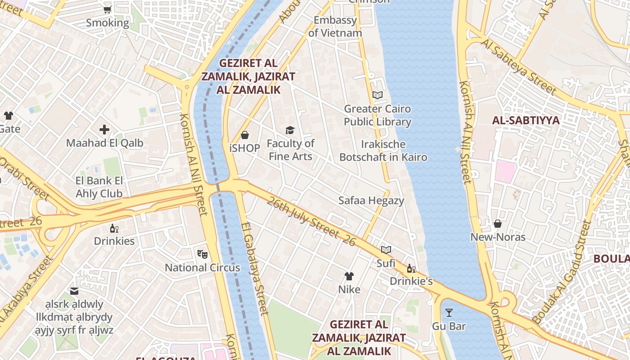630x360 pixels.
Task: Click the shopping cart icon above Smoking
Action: pyautogui.click(x=108, y=9)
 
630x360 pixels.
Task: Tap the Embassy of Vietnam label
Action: pyautogui.click(x=335, y=27)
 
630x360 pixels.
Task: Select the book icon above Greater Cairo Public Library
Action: pyautogui.click(x=378, y=95)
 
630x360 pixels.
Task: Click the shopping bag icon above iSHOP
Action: pyautogui.click(x=245, y=135)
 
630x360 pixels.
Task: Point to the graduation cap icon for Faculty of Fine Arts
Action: pyautogui.click(x=290, y=130)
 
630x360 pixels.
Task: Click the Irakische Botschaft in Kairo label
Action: pyautogui.click(x=383, y=151)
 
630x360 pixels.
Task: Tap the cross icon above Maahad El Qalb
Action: pyautogui.click(x=104, y=130)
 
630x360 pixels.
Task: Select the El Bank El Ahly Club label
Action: pyautogui.click(x=99, y=187)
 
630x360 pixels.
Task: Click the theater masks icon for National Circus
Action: pyautogui.click(x=202, y=254)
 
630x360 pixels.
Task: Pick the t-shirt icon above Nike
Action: pyautogui.click(x=349, y=276)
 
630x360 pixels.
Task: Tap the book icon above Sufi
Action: pyautogui.click(x=386, y=250)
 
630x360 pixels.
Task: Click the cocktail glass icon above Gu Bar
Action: pyautogui.click(x=449, y=313)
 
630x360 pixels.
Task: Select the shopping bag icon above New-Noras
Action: pyautogui.click(x=498, y=224)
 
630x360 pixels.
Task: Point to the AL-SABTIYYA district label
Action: pyautogui.click(x=526, y=120)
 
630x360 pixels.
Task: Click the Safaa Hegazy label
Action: pyautogui.click(x=371, y=201)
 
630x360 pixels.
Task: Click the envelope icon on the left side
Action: pyautogui.click(x=74, y=291)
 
